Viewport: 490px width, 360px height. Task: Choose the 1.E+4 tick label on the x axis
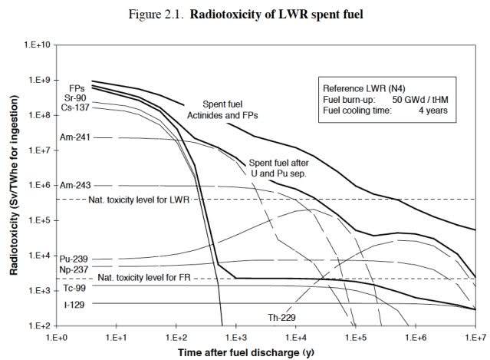(296, 337)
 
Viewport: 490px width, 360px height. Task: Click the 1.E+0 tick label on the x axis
(57, 337)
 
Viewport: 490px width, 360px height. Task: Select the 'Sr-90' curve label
(74, 97)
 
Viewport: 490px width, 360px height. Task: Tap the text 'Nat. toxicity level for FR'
(143, 278)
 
